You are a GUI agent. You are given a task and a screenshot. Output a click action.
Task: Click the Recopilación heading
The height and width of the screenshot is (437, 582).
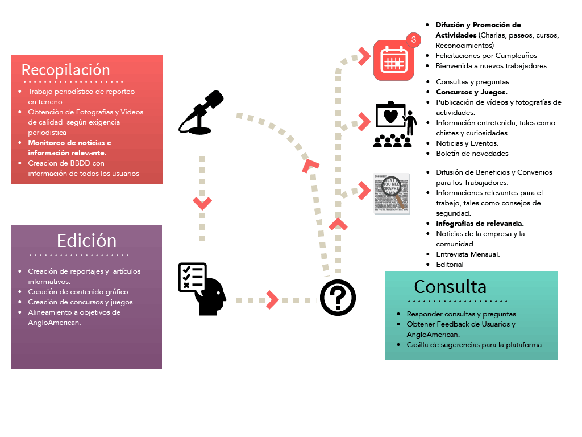tap(65, 69)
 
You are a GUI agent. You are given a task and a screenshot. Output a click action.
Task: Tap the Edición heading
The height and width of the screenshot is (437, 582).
tap(86, 240)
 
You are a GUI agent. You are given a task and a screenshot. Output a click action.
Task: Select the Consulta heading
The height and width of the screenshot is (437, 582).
tap(450, 286)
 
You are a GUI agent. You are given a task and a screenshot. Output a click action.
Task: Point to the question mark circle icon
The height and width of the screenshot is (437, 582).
tap(338, 297)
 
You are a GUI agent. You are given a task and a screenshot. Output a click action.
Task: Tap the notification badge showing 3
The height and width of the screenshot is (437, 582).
tap(414, 39)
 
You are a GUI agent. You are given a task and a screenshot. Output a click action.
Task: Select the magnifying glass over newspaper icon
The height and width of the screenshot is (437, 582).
tap(392, 193)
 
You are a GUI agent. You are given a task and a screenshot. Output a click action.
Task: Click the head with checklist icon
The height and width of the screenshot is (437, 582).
tap(201, 288)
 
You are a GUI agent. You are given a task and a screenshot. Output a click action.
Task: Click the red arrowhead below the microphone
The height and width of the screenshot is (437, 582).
tap(202, 202)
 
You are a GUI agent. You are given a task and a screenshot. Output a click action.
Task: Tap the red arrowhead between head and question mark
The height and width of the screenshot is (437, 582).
tap(273, 299)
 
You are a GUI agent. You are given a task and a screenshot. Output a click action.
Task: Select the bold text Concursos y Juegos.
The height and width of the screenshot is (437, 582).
tap(471, 92)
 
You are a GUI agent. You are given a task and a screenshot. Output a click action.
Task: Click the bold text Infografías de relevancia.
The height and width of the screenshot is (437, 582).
tap(480, 224)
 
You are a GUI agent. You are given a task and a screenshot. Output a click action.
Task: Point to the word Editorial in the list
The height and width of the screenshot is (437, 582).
tap(450, 265)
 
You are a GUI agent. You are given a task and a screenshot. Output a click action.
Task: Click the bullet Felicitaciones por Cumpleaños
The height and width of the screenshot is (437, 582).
tap(486, 56)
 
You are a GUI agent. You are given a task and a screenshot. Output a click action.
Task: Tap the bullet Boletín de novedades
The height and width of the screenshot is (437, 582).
tap(472, 154)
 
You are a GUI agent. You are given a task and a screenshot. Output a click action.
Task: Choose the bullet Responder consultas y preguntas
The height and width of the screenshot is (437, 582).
tap(461, 314)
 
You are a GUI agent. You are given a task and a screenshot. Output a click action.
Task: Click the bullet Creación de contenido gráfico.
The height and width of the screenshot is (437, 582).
tap(78, 292)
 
